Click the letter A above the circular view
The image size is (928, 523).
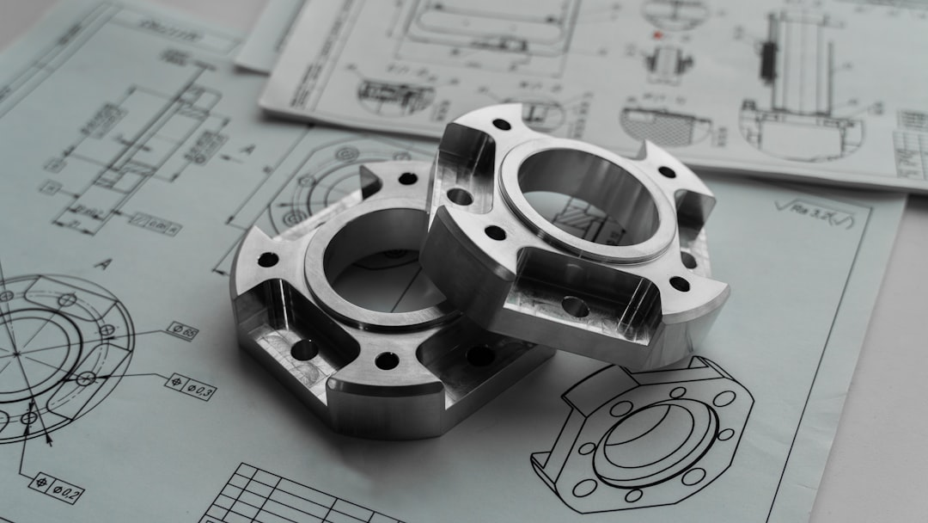tap(101, 264)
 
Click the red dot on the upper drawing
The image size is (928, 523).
tap(658, 36)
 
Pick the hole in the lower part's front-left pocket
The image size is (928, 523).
tap(303, 349)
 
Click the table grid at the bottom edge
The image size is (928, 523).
tap(284, 499)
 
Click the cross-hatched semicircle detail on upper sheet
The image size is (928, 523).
tap(666, 125)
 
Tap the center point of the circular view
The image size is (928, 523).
tap(17, 353)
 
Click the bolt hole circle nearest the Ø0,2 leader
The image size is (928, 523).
tap(28, 418)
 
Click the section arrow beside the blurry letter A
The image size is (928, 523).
tap(225, 157)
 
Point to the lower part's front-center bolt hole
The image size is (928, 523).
tap(387, 360)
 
